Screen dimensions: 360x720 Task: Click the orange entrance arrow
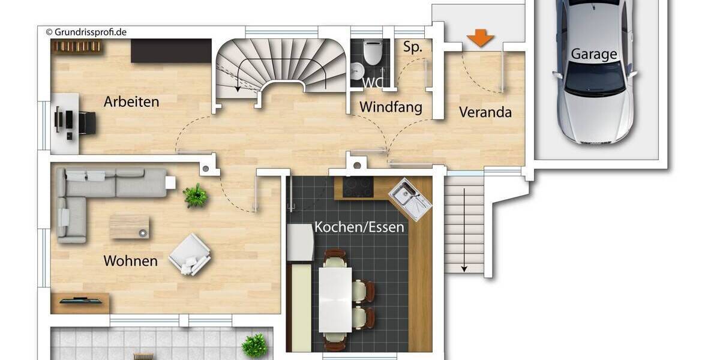pyautogui.click(x=481, y=38)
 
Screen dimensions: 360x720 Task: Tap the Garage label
pyautogui.click(x=593, y=54)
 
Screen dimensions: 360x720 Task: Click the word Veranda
pyautogui.click(x=485, y=112)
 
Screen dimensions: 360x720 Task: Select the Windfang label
pyautogui.click(x=391, y=107)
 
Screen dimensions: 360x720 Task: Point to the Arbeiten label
pyautogui.click(x=131, y=101)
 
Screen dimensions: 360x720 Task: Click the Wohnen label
pyautogui.click(x=130, y=261)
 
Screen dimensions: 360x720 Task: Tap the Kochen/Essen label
pyautogui.click(x=359, y=228)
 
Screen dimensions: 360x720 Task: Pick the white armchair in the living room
pyautogui.click(x=190, y=254)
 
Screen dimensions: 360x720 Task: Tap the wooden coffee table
pyautogui.click(x=129, y=227)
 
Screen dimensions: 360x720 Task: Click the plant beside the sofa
pyautogui.click(x=195, y=196)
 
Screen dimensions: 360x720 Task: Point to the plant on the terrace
pyautogui.click(x=254, y=346)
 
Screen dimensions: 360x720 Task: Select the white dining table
pyautogui.click(x=335, y=299)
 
